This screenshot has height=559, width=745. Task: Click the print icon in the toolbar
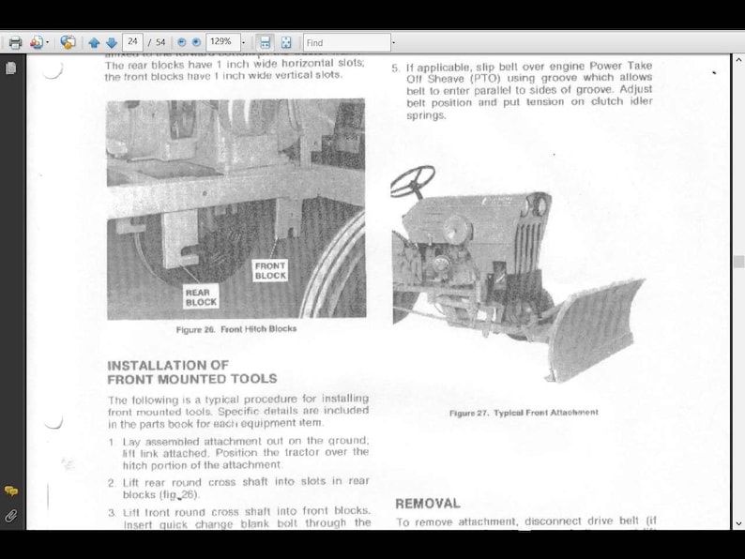tap(15, 42)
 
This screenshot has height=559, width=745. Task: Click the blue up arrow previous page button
tap(94, 42)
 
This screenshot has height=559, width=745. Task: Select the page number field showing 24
tap(132, 42)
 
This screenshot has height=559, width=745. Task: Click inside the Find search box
tap(346, 42)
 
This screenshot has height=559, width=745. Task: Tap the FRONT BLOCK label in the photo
tap(270, 271)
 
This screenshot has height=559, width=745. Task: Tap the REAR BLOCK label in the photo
tap(201, 297)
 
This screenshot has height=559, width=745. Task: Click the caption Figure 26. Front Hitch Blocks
tap(236, 330)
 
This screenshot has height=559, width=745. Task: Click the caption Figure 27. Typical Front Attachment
tap(523, 413)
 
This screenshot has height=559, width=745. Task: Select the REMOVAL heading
tap(428, 504)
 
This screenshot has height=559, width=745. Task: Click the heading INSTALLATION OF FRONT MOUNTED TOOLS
tap(191, 372)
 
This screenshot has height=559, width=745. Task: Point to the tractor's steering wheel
tap(413, 181)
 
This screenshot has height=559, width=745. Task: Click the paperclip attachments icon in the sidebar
tap(11, 516)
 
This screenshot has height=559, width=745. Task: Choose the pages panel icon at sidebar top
tap(11, 68)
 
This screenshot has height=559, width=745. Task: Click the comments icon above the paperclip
tap(11, 491)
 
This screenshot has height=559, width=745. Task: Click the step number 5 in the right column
tap(395, 68)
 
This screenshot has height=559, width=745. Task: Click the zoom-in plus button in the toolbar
tap(196, 42)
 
